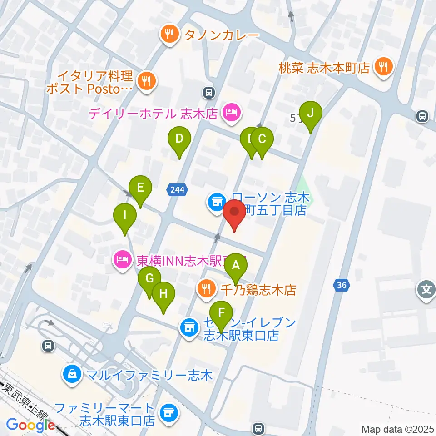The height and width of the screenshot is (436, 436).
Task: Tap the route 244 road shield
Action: [x=177, y=190]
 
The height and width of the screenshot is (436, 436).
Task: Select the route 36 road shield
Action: [x=342, y=285]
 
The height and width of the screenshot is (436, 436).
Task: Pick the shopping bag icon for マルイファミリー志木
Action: [x=72, y=375]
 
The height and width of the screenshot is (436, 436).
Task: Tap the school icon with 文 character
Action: [x=427, y=289]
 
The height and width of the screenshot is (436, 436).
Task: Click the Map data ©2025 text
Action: [x=397, y=429]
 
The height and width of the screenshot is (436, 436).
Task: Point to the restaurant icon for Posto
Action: [x=146, y=82]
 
